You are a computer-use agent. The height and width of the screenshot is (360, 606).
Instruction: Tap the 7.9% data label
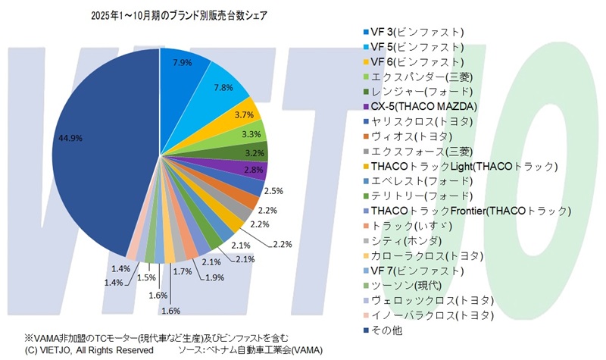click(182, 62)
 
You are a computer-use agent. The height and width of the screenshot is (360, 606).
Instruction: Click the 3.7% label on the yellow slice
click(244, 114)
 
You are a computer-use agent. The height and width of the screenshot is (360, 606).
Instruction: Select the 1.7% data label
click(183, 270)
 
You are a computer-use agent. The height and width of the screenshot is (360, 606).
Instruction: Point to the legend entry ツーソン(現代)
click(409, 285)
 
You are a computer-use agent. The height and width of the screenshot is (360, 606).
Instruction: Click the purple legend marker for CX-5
click(367, 106)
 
